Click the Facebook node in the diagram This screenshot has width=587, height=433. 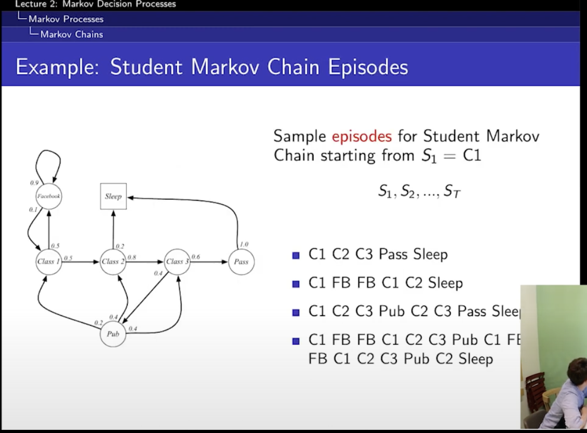49,197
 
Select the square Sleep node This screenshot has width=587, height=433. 113,196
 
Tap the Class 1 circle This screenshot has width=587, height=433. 49,262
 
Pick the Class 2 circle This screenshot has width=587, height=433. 113,262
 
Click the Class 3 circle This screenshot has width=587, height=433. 177,262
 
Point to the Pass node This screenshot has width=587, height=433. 241,262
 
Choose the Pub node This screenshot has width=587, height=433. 113,334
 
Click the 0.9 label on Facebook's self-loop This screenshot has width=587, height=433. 34,183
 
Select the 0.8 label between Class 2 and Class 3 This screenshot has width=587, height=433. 132,257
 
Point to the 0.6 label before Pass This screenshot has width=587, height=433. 196,256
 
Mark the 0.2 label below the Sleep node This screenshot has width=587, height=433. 120,246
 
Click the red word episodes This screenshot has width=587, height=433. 362,137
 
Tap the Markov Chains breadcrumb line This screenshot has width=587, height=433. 71,34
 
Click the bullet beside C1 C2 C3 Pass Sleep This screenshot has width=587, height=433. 296,255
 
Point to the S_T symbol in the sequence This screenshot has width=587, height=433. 451,192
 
